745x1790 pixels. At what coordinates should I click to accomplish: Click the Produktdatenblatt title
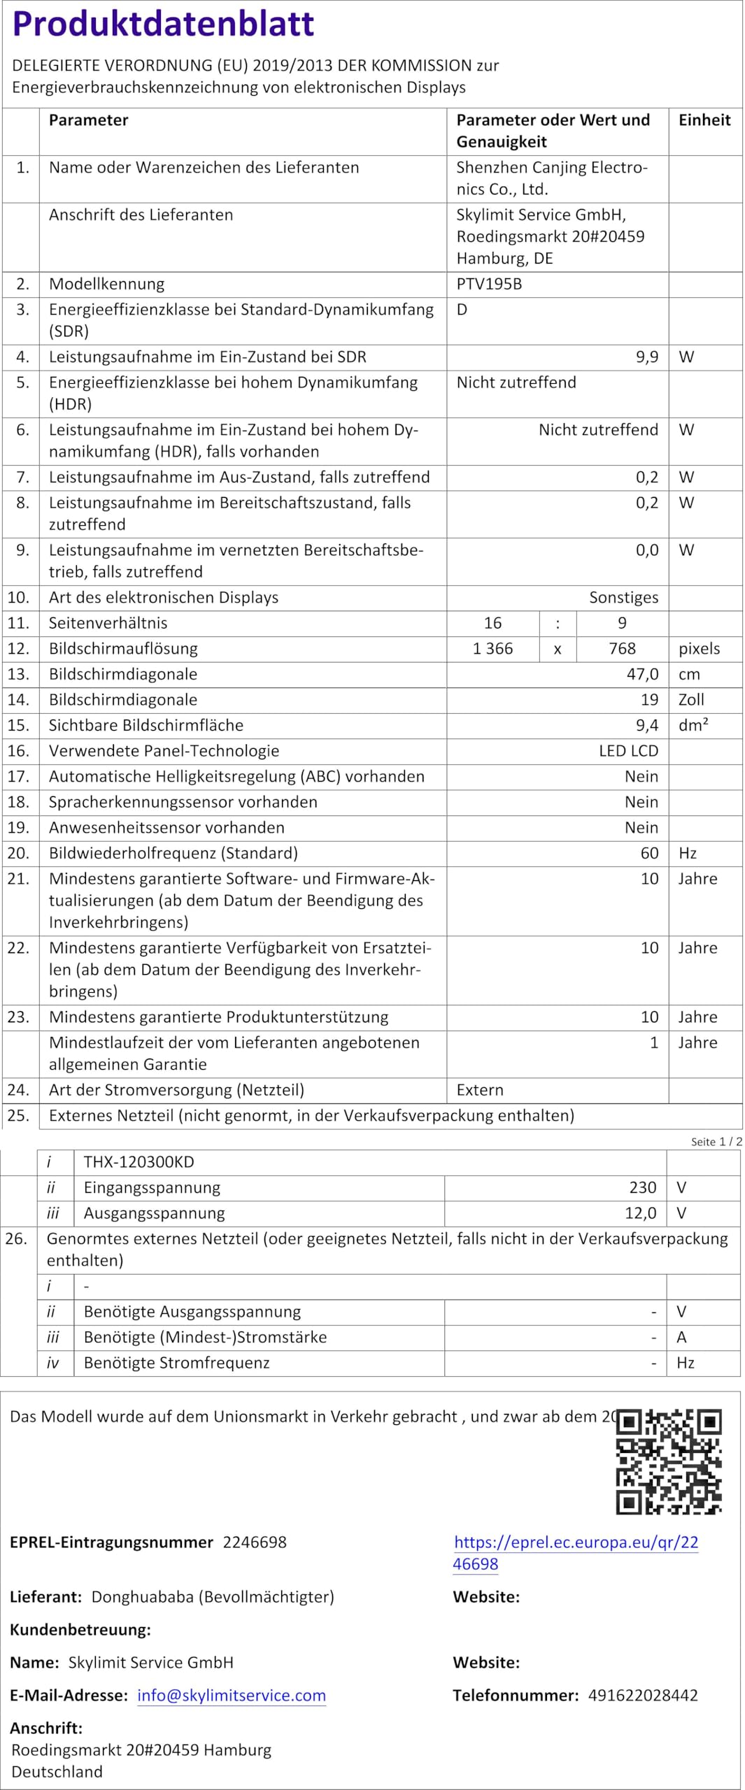(163, 24)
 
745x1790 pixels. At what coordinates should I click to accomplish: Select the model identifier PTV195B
(489, 284)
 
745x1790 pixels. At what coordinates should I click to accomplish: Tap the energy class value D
(462, 309)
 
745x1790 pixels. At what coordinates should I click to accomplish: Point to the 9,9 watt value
(646, 357)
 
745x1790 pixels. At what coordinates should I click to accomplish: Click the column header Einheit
(704, 120)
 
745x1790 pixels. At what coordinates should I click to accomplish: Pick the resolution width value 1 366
(492, 648)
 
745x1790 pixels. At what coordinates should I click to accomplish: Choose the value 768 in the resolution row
(622, 648)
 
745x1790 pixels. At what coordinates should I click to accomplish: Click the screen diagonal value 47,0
(642, 674)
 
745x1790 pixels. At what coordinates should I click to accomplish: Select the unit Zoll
(691, 699)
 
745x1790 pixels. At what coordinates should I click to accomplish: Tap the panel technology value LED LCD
(628, 751)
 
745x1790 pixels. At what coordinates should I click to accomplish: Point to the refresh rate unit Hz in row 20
(687, 853)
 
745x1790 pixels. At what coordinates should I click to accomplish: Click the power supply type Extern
(480, 1089)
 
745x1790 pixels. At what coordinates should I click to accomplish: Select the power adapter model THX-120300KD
(139, 1162)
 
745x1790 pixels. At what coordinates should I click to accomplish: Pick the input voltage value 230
(642, 1187)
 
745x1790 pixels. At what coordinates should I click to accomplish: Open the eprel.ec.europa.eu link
(576, 1554)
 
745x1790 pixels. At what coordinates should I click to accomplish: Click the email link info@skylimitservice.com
(232, 1696)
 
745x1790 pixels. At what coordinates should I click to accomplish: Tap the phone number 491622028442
(643, 1696)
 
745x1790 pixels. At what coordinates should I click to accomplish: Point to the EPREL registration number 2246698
(255, 1542)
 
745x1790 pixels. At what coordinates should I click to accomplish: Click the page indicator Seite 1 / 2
(716, 1142)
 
